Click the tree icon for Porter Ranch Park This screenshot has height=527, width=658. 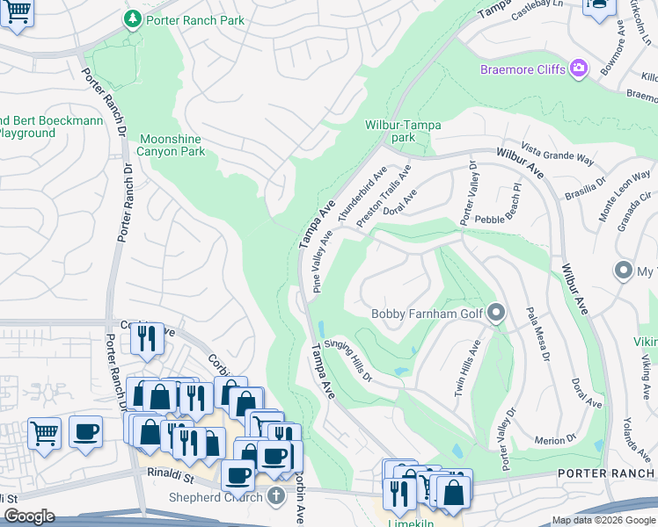[132, 18]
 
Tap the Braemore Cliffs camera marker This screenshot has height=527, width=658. [578, 69]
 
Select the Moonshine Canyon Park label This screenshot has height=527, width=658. [173, 145]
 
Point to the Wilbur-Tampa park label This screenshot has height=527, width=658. [403, 131]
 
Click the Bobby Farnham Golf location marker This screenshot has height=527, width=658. [497, 313]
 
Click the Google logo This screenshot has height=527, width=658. [30, 516]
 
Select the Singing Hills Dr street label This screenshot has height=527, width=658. [348, 360]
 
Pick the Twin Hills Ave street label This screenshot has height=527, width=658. [466, 369]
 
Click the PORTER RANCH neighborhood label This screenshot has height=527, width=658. [607, 474]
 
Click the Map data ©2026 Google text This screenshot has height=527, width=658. [603, 520]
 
